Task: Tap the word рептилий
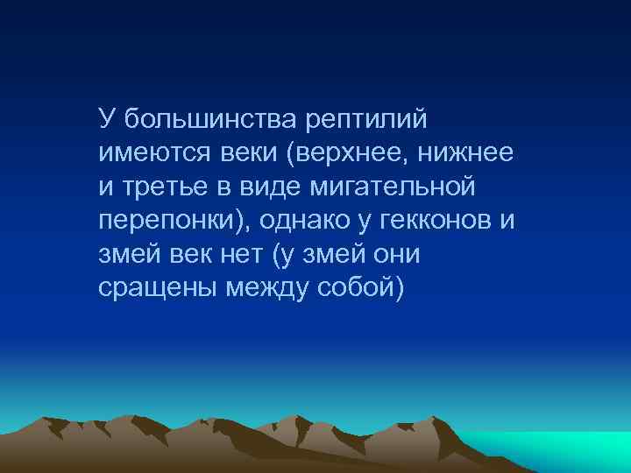(x=365, y=117)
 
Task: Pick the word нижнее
(x=465, y=152)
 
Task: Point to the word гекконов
(x=436, y=221)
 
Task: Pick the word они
(x=395, y=255)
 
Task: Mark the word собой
(x=357, y=289)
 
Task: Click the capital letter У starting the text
(x=107, y=117)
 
